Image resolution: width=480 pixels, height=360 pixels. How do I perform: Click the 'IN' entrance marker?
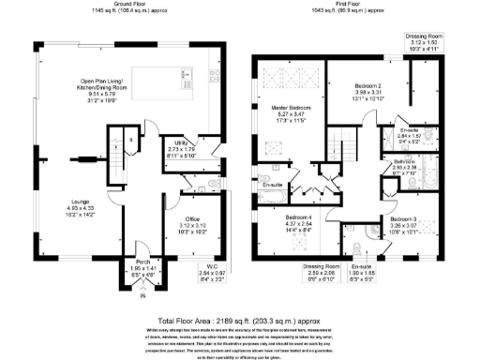point(142,296)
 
